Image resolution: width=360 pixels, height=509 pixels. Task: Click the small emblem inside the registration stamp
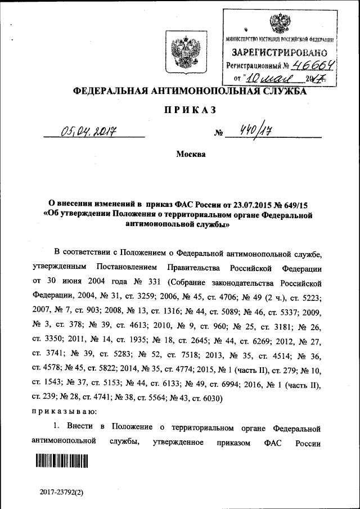277,23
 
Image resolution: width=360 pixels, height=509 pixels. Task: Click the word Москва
191,154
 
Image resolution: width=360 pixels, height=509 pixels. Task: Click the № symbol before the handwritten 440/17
218,134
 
